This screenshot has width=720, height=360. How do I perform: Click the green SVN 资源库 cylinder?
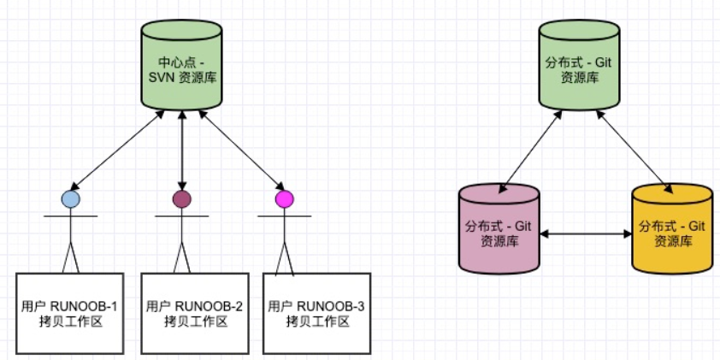coord(182,65)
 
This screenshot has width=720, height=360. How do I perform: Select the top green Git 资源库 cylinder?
coord(580,65)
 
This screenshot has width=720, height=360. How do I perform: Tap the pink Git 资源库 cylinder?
coord(499,229)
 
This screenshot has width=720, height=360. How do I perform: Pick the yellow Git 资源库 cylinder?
coord(672,229)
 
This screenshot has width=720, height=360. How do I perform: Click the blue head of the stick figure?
coord(71,199)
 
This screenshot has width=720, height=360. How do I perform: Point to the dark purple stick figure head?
coord(182,199)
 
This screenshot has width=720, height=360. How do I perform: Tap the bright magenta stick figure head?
coord(284,199)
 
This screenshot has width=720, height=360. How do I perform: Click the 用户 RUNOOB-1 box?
coord(70,314)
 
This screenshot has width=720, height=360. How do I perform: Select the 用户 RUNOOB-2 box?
coord(195,314)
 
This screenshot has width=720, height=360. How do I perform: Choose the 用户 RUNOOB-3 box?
coord(317,314)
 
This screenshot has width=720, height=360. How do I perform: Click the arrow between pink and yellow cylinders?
coord(586,234)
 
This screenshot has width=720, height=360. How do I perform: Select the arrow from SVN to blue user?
coord(117,150)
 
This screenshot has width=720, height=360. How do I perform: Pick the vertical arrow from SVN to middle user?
coord(182,150)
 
